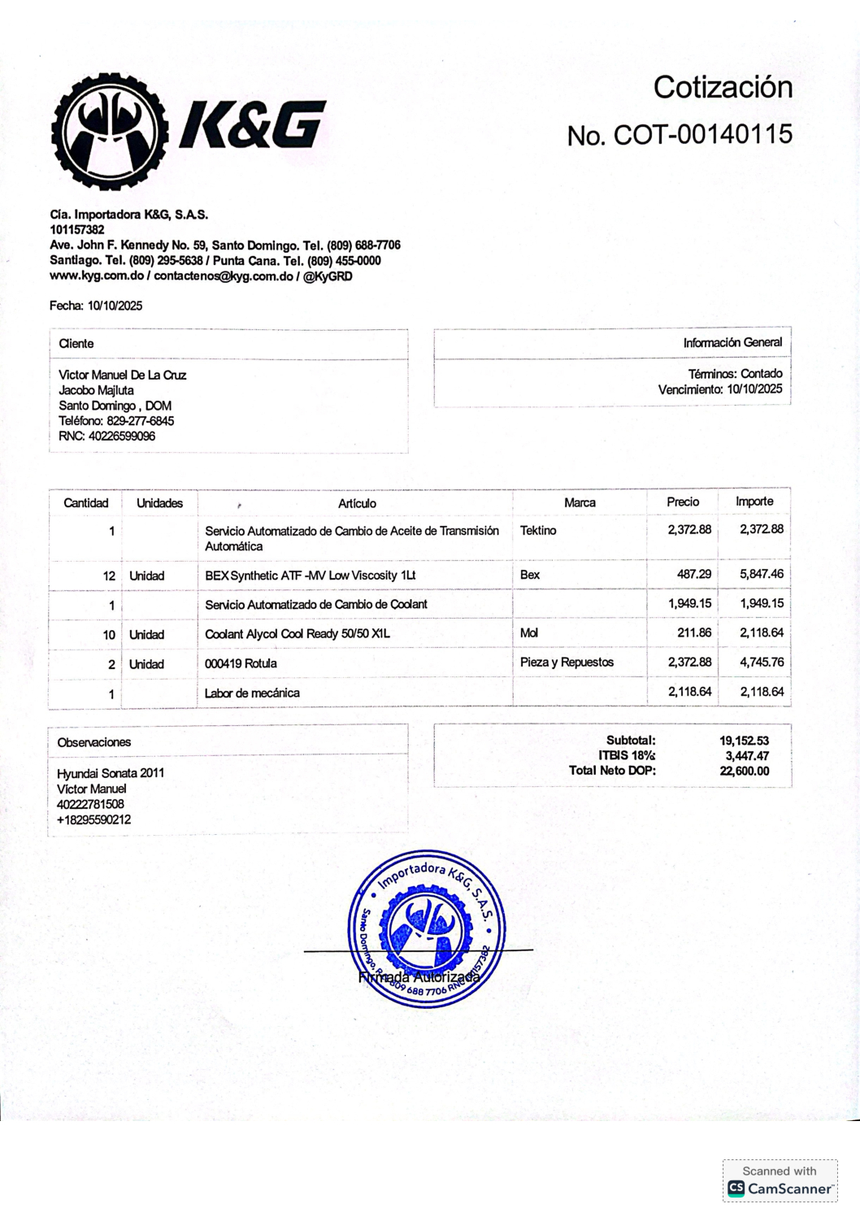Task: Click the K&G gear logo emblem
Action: (x=110, y=132)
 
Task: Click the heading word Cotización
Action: (x=723, y=87)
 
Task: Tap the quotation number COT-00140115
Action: (x=702, y=134)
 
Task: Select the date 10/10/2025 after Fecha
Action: (x=115, y=306)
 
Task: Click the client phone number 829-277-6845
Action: (x=140, y=421)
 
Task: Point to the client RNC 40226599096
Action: (x=121, y=437)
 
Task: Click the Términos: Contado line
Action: (x=735, y=374)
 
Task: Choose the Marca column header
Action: (x=580, y=502)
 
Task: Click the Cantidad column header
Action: (x=85, y=503)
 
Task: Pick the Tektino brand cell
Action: (x=538, y=531)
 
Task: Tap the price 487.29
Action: (x=693, y=574)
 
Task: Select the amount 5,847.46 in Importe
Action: (x=761, y=574)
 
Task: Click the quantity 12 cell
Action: (x=109, y=576)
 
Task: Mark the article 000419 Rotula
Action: (x=241, y=663)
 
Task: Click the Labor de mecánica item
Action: (x=252, y=693)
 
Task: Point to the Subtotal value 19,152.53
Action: (x=744, y=741)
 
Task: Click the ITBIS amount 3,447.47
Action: (x=747, y=756)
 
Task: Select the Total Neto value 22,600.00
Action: (x=744, y=771)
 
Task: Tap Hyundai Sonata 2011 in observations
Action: (x=111, y=773)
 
